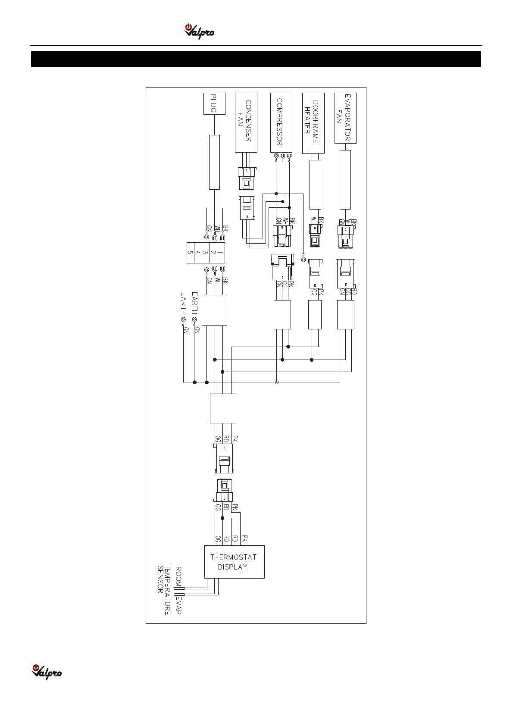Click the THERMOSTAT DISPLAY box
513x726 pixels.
tap(234, 562)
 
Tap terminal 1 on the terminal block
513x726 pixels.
tap(220, 253)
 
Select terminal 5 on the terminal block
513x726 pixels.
tap(190, 253)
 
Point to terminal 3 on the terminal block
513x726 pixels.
tap(205, 253)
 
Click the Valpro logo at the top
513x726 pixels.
tap(199, 31)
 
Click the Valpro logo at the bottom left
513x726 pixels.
tap(47, 672)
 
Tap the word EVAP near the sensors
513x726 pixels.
tap(178, 605)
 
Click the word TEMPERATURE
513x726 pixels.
tap(168, 591)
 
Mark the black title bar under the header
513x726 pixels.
tap(256, 59)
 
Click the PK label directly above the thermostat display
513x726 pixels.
tap(244, 538)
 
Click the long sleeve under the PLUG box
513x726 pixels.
tap(214, 162)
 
